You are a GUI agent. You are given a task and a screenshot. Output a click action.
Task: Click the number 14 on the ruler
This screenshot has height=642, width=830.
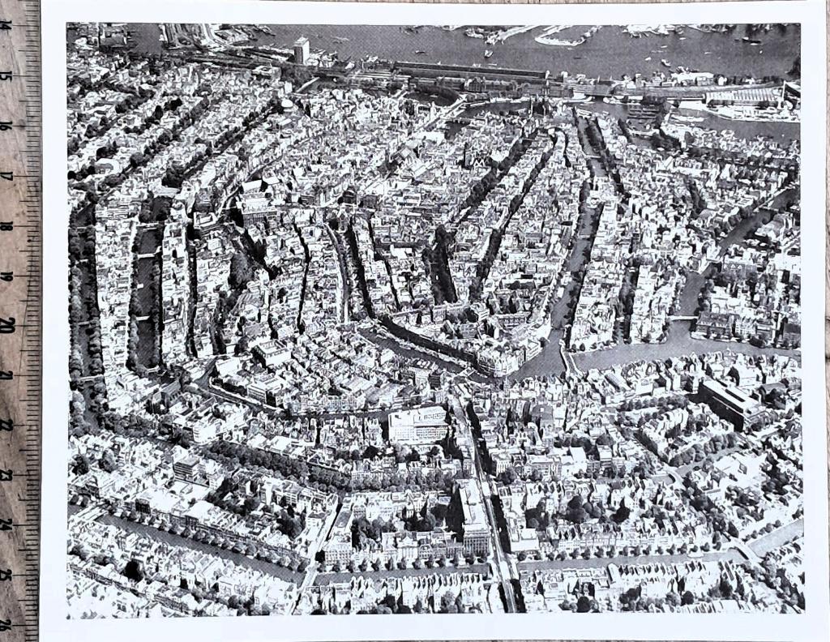pyautogui.click(x=6, y=25)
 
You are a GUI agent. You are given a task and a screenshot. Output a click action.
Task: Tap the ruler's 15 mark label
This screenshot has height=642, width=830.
pyautogui.click(x=6, y=75)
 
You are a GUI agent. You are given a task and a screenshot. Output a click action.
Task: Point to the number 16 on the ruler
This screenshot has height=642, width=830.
pyautogui.click(x=6, y=126)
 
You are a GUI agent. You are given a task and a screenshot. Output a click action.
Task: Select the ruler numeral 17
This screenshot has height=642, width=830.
pyautogui.click(x=6, y=176)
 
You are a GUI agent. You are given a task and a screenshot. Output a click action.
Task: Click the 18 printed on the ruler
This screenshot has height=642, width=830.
pyautogui.click(x=6, y=226)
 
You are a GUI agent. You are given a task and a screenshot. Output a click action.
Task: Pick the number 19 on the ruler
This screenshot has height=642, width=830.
pyautogui.click(x=6, y=276)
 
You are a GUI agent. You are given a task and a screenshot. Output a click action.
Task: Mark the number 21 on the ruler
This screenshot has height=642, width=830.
pyautogui.click(x=6, y=375)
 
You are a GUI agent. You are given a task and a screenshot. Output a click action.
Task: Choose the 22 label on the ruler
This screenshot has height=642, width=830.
pyautogui.click(x=6, y=425)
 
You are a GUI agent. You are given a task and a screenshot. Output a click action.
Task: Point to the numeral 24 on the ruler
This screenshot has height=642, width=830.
pyautogui.click(x=6, y=524)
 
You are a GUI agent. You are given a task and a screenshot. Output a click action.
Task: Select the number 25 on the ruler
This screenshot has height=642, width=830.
pyautogui.click(x=6, y=575)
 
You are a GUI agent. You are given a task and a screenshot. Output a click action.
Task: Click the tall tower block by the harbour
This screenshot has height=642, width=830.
pyautogui.click(x=302, y=50)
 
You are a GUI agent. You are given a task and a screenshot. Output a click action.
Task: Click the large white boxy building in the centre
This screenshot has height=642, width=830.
pyautogui.click(x=417, y=424)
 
